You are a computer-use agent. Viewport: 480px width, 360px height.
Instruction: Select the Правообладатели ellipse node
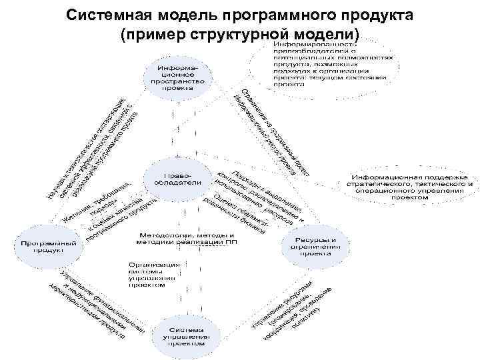tap(179, 176)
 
